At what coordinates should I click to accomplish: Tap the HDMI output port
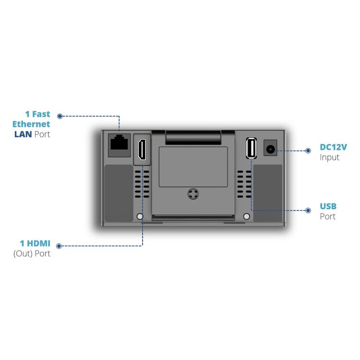click(142, 149)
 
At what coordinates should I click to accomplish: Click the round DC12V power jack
click(270, 149)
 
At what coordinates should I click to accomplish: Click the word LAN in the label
click(23, 134)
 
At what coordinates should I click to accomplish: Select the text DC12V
click(333, 147)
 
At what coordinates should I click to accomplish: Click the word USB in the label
click(328, 206)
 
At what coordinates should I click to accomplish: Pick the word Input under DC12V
click(330, 157)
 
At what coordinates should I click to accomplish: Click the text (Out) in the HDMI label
click(23, 253)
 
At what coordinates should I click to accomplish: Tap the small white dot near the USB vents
click(247, 216)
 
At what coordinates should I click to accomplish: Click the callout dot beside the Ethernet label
click(60, 116)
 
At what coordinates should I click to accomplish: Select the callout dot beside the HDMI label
click(60, 246)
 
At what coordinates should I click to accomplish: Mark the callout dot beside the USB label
click(308, 210)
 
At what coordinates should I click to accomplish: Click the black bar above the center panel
click(193, 137)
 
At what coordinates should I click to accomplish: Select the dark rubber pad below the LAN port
click(119, 193)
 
